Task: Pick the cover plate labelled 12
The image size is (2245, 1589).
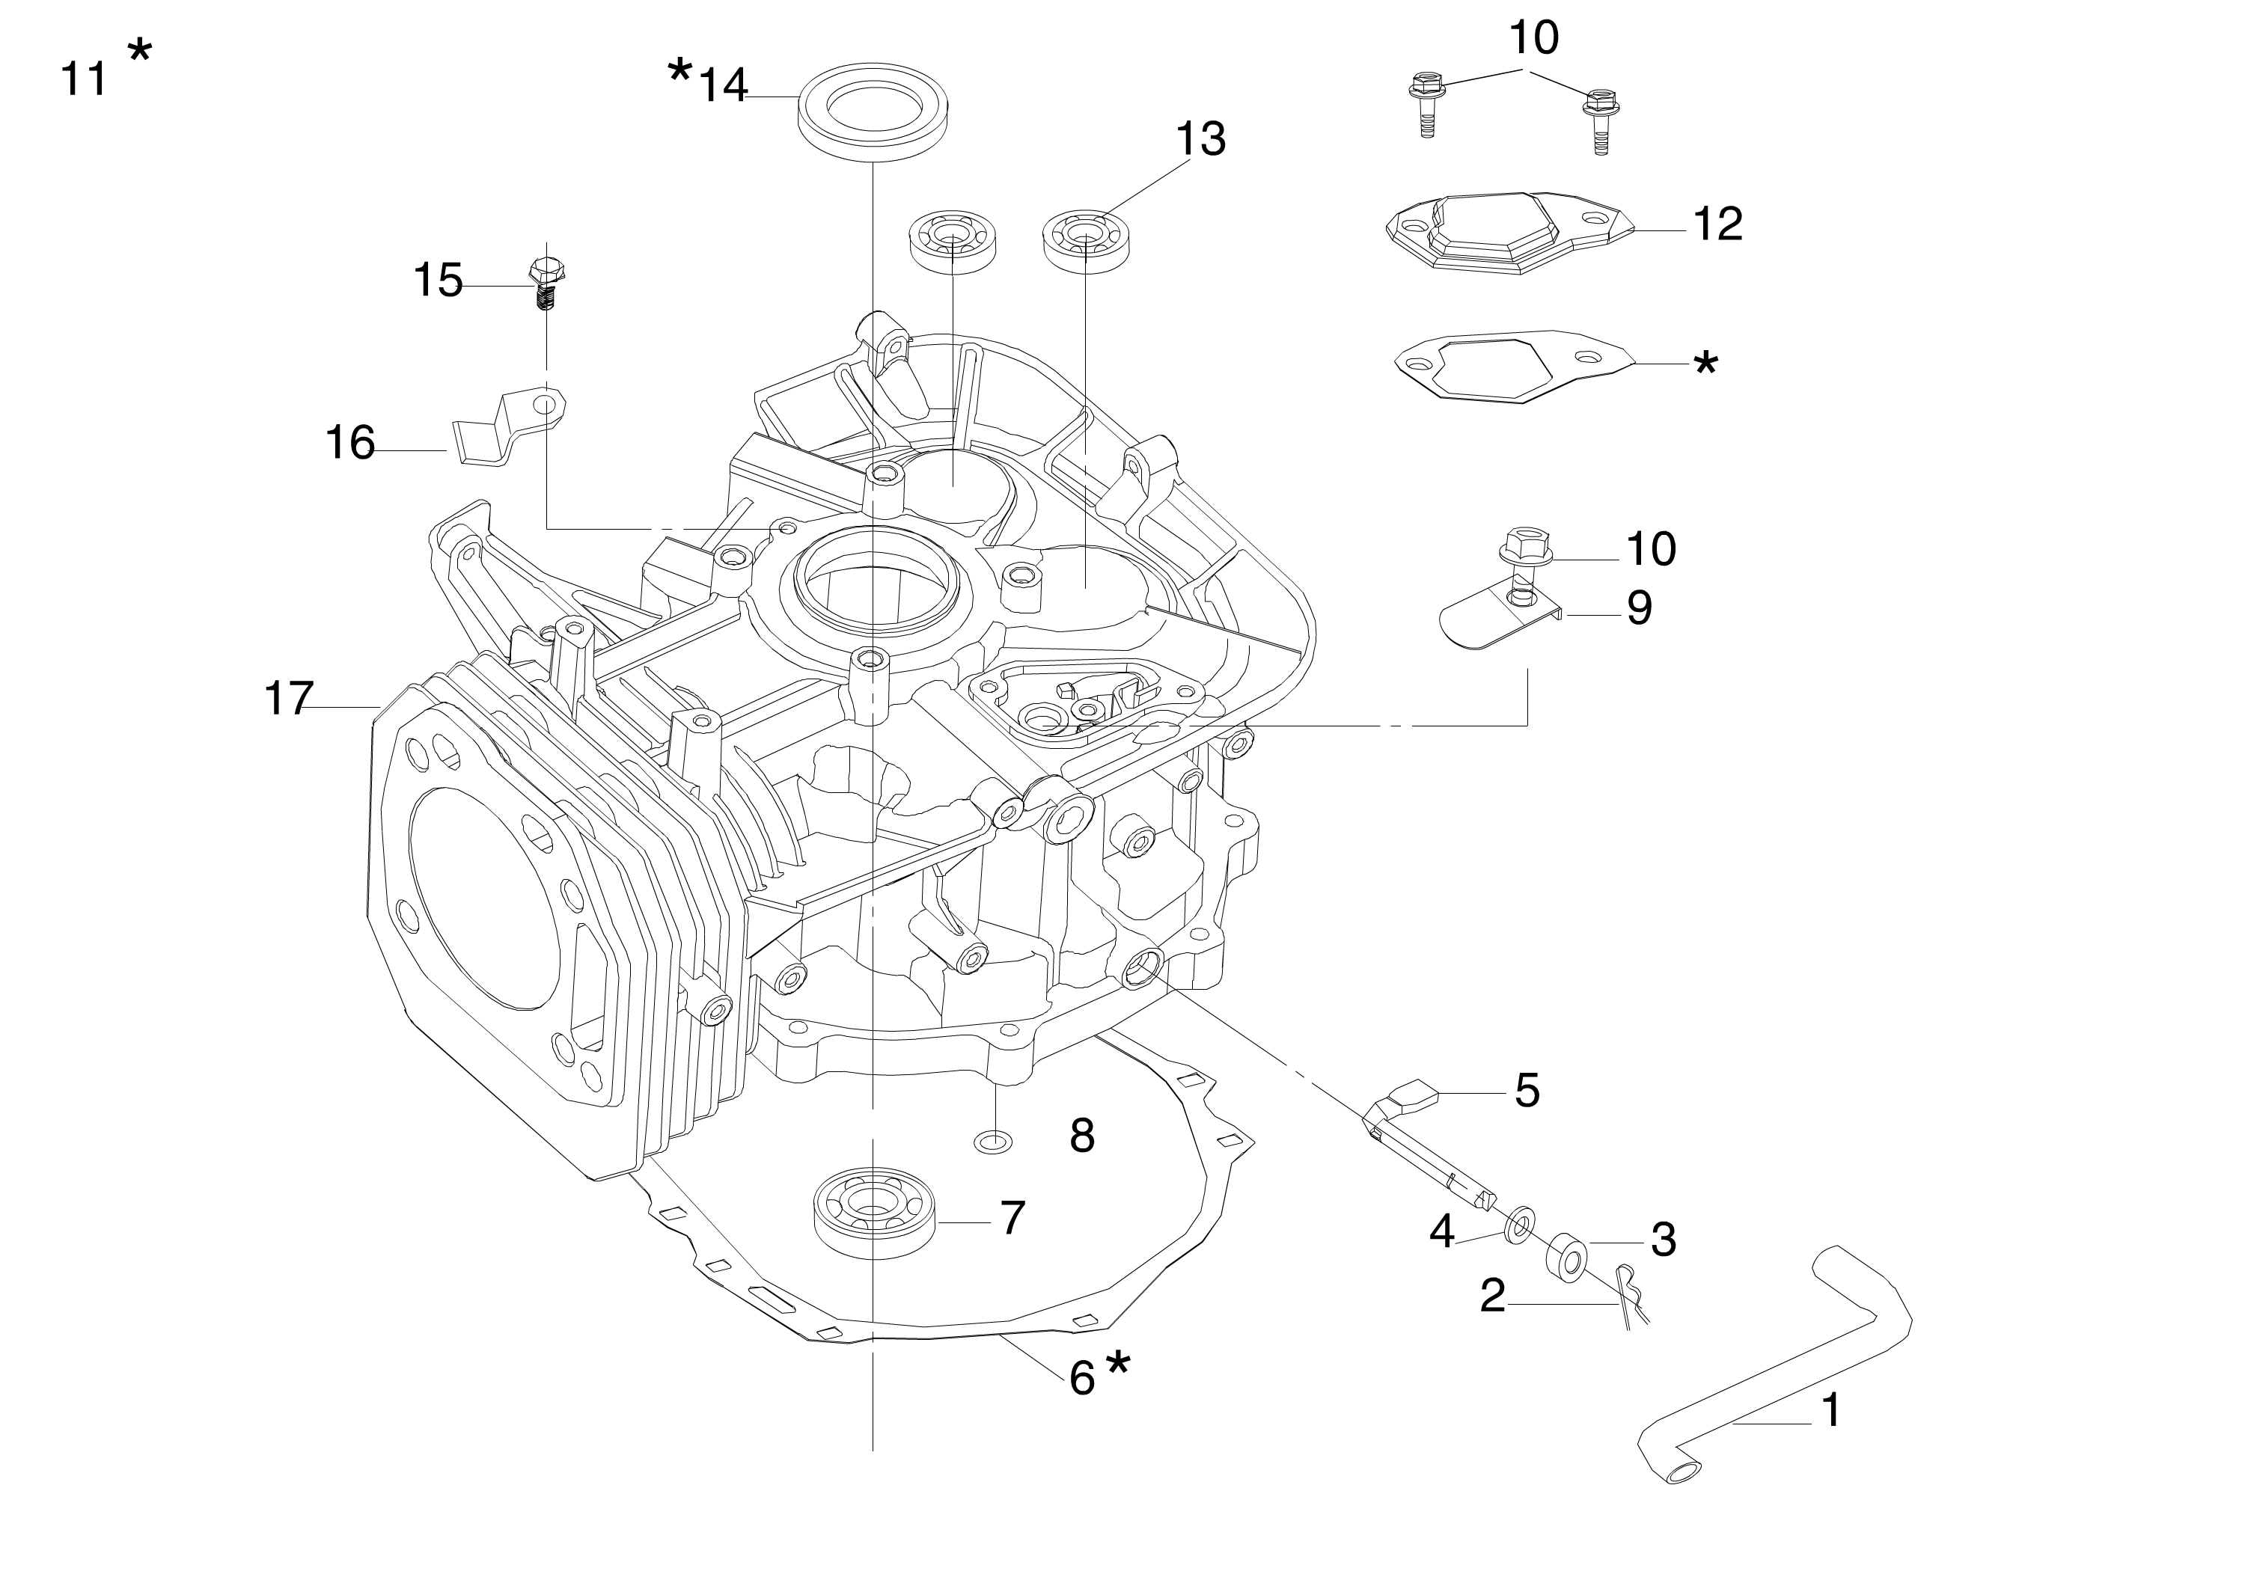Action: point(1508,232)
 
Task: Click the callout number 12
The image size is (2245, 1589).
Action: point(1717,224)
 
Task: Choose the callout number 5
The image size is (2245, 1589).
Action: point(1527,1090)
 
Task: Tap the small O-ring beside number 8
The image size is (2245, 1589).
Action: point(995,1140)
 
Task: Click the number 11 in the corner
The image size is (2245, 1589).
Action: point(83,77)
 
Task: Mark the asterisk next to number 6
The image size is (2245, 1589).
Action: point(1117,1363)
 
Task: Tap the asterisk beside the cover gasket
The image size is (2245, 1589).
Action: point(1704,364)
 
